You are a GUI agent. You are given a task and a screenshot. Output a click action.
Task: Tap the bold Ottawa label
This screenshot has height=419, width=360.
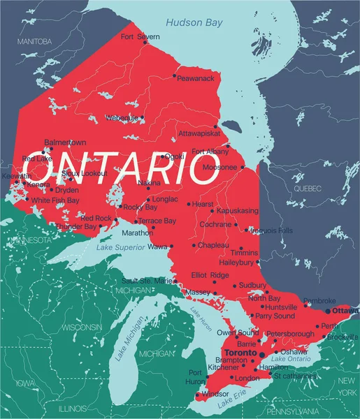(345, 310)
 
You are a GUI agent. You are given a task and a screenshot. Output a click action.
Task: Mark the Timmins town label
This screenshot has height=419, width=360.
(245, 252)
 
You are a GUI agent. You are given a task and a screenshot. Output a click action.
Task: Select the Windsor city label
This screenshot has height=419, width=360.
(215, 395)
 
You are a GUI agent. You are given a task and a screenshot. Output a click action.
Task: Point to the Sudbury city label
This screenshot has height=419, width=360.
(252, 285)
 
